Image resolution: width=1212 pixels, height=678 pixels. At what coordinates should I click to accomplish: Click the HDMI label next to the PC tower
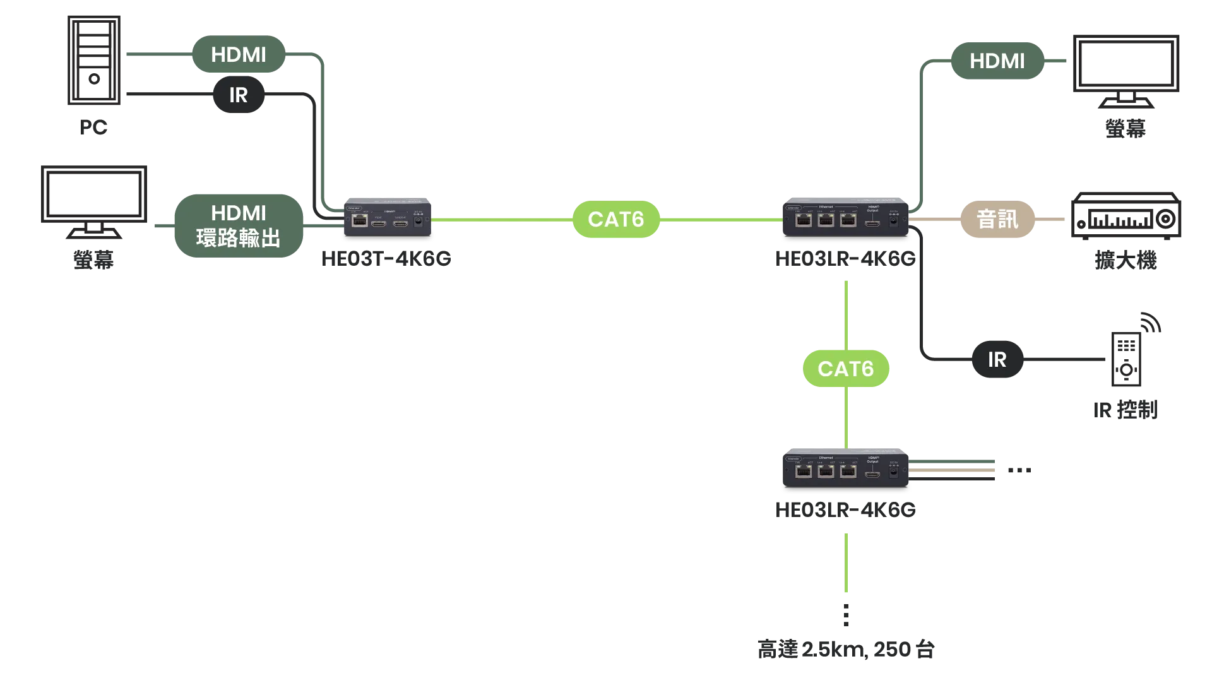tap(239, 55)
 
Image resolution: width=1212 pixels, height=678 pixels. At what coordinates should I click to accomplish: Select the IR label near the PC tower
tap(238, 95)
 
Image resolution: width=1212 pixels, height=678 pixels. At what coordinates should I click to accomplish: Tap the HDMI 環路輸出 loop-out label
tap(238, 225)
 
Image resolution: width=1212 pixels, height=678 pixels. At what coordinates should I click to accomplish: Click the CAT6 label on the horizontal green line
tap(615, 219)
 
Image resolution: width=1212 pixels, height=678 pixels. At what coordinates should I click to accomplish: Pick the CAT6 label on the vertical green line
tap(845, 369)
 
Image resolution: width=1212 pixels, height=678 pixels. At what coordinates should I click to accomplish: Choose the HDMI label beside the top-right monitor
tap(997, 61)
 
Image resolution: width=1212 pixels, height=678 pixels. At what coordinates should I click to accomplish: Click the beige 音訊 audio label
tap(997, 219)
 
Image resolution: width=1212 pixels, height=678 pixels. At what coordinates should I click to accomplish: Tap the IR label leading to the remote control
tap(997, 359)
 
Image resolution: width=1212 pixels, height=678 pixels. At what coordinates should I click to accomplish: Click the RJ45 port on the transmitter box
tap(360, 220)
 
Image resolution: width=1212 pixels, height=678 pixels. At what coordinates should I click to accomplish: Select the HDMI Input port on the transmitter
tap(379, 222)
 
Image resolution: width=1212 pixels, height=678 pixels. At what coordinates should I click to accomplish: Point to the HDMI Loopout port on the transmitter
tap(400, 222)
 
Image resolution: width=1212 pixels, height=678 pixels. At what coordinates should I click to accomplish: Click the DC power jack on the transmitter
tap(418, 221)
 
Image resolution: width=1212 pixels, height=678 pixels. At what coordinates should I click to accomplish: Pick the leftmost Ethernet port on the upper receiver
tap(804, 220)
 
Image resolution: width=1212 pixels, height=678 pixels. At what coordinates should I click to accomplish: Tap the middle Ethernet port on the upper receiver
tap(826, 220)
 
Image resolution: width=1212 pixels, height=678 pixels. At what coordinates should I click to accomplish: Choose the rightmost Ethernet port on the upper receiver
tap(848, 220)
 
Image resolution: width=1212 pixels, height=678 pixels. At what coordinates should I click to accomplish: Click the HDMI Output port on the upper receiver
tap(872, 222)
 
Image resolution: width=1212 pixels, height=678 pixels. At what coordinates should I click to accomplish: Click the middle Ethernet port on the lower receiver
tap(826, 472)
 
